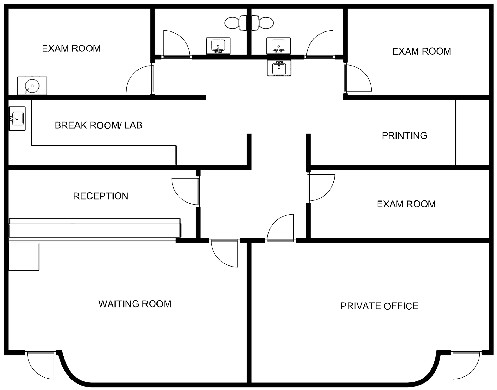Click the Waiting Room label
point(135,304)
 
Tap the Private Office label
point(380,306)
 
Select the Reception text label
point(101,196)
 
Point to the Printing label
point(404,136)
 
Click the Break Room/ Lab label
point(99,125)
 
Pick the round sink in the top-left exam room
point(32,86)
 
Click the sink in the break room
point(17,119)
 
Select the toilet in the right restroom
point(263,23)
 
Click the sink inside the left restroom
point(218,46)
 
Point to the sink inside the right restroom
point(279,46)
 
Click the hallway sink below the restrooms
point(279,68)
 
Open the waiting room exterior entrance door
point(41,365)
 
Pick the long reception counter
point(95,228)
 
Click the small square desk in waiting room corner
point(24,257)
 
